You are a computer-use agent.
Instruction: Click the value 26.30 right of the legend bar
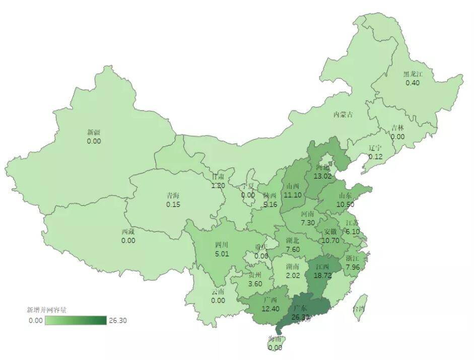pos(117,320)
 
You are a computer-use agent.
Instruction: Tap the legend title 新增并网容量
pos(47,310)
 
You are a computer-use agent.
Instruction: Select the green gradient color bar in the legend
pos(76,320)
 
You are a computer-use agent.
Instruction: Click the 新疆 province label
pos(94,132)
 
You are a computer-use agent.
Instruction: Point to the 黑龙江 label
pos(412,74)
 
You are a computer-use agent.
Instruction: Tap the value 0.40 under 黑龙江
pos(413,83)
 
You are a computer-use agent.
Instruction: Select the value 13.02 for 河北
pos(322,176)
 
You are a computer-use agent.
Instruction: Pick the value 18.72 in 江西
pos(322,276)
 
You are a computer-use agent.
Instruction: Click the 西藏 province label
pos(128,232)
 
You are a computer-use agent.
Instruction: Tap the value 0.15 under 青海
pos(173,205)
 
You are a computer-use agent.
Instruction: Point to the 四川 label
pos(222,245)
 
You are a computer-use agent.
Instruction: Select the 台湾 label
pos(358,309)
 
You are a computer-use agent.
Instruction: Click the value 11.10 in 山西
pos(293,195)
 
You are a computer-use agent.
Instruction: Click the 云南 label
pos(218,292)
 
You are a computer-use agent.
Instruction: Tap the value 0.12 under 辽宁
pos(375,157)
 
